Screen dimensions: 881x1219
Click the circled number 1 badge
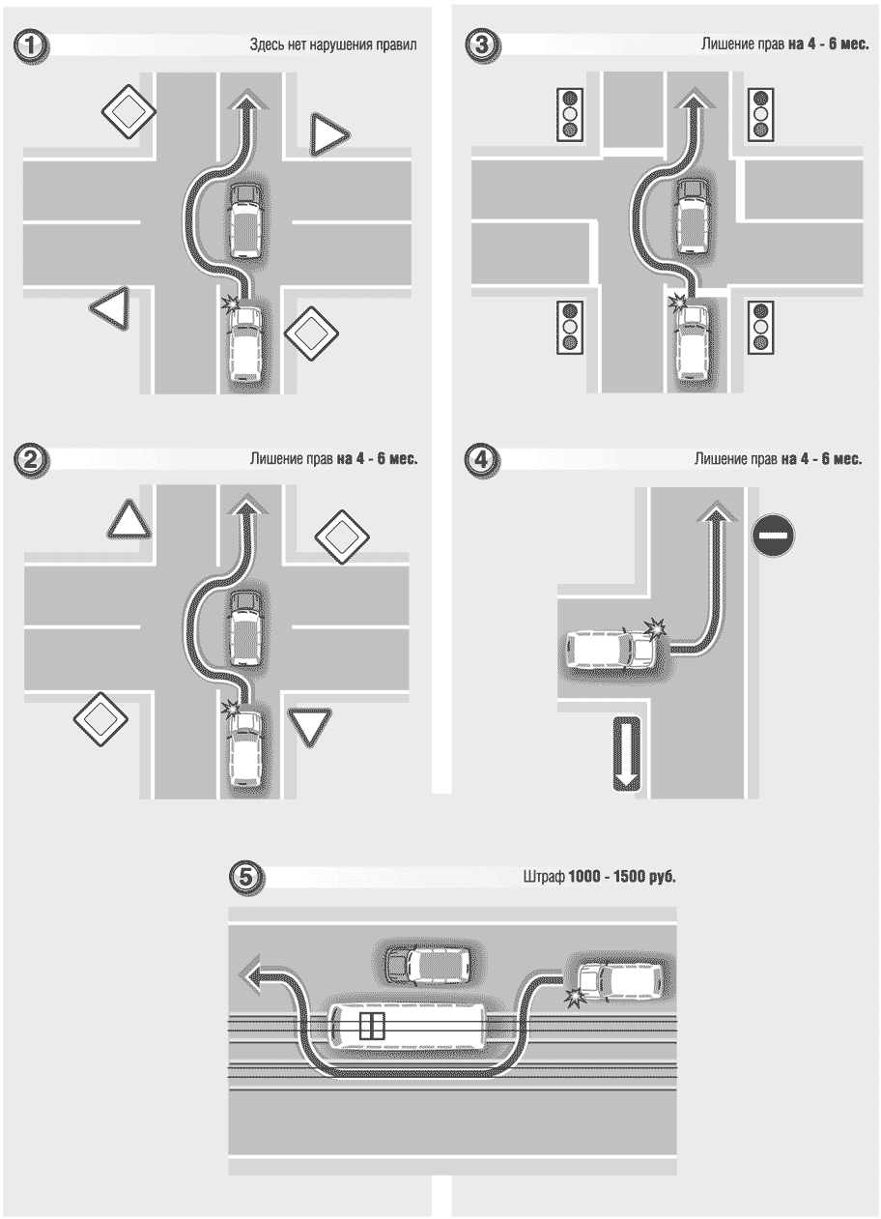click(31, 45)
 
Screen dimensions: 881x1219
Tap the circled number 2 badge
click(31, 460)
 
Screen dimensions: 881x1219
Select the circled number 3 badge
click(482, 44)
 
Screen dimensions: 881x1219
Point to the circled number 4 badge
click(482, 460)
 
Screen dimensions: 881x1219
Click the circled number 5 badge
click(245, 878)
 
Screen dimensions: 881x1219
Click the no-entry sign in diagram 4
click(773, 536)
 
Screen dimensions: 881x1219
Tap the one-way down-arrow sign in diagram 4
click(627, 754)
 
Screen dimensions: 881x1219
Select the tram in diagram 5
click(408, 1027)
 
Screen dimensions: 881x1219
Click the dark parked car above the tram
click(427, 966)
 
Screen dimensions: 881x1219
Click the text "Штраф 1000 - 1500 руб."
click(599, 877)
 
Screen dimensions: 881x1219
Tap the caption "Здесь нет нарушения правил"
click(333, 44)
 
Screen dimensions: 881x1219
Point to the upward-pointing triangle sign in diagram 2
click(128, 520)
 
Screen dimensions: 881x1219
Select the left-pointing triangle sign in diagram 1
click(110, 308)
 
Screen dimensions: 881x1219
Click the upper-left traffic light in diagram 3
click(569, 115)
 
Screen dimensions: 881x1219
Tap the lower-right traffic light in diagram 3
click(761, 327)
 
